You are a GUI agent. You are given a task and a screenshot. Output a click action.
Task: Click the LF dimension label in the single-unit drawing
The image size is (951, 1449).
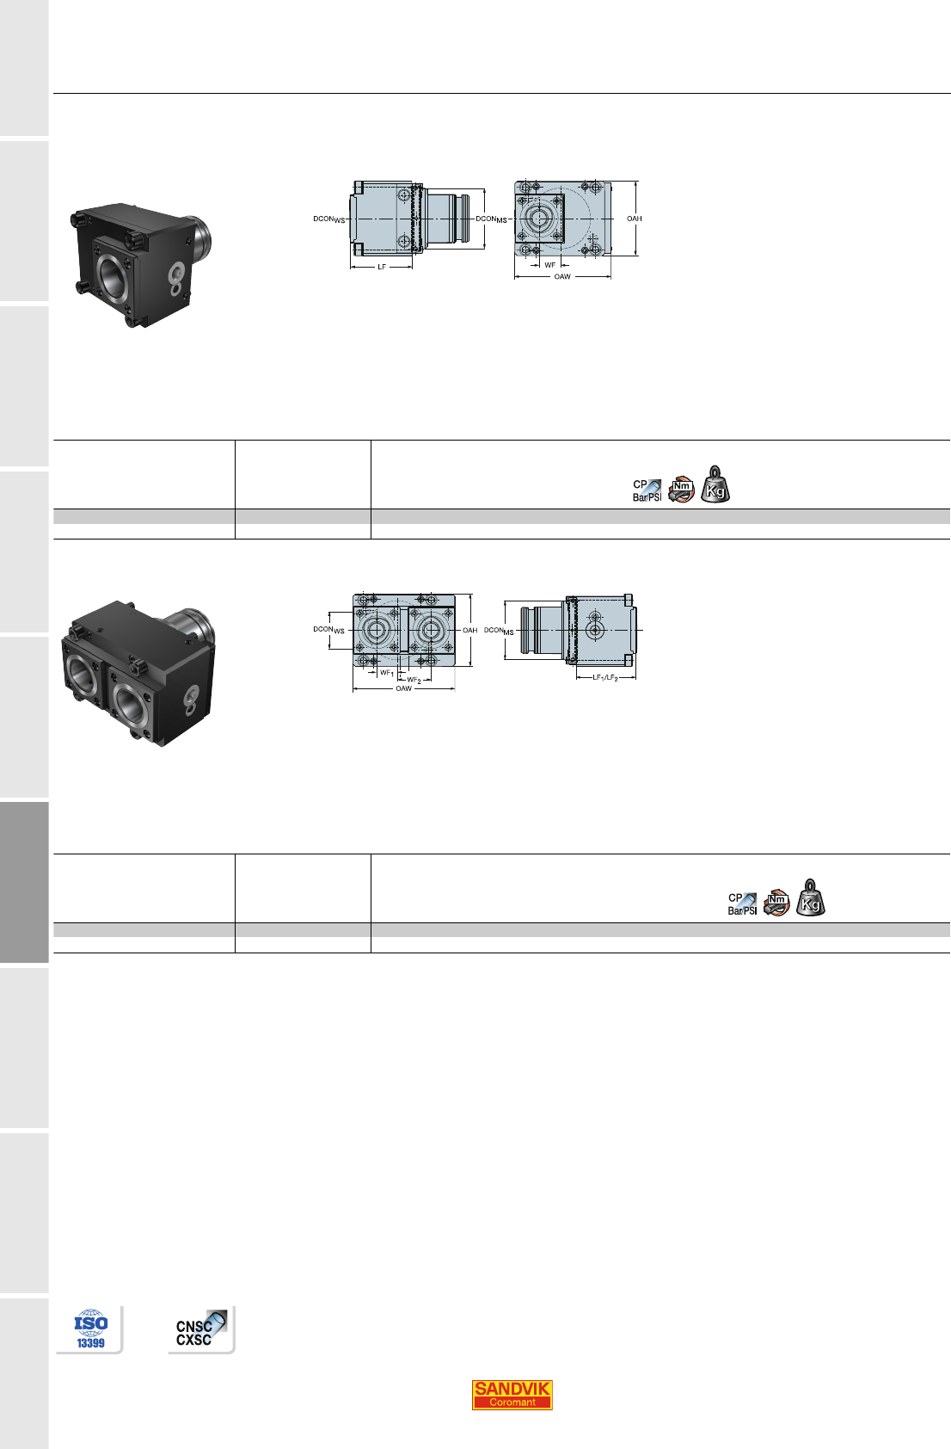coord(382,267)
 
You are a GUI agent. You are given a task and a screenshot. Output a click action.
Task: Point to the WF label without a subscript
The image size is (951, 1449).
coord(549,265)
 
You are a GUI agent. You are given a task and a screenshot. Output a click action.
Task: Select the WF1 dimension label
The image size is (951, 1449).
coord(387,674)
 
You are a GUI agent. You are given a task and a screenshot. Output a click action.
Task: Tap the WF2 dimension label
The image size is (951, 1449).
coord(414,680)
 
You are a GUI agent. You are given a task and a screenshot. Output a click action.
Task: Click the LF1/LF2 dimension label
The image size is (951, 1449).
coord(605,678)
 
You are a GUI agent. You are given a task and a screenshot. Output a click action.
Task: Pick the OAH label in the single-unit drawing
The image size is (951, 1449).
coord(635,219)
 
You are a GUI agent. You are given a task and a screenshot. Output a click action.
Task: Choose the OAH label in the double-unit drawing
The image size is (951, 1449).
coord(470,630)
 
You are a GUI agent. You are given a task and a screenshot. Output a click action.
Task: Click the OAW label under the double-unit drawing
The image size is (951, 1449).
coord(403,689)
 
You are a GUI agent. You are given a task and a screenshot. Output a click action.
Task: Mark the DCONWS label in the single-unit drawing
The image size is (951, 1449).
coord(329,219)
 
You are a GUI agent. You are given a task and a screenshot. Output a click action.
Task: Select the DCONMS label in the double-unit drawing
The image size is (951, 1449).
coord(499,631)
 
